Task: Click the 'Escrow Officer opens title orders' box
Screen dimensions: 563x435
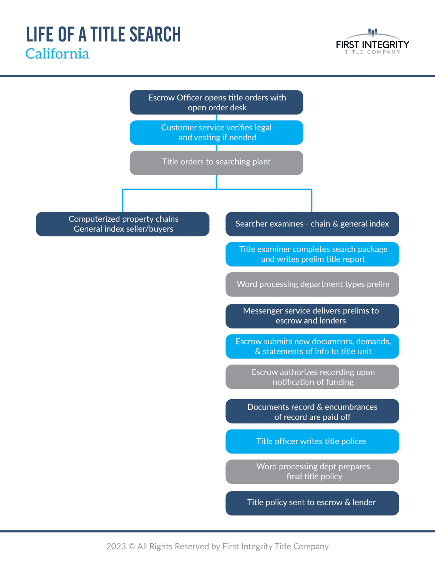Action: pos(216,102)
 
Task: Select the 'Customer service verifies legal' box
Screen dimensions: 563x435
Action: pos(216,132)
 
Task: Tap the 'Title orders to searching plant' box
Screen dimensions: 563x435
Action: pos(216,162)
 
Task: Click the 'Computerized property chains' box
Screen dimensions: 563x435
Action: pos(122,224)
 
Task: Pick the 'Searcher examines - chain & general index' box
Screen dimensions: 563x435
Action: pos(312,224)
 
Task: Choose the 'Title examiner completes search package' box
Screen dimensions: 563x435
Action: pos(312,254)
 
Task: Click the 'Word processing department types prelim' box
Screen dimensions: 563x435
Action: pos(312,284)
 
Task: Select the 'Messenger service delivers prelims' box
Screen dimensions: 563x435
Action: pos(312,316)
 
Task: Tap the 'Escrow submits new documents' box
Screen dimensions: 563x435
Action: pos(312,346)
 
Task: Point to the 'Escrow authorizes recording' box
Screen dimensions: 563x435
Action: pos(312,376)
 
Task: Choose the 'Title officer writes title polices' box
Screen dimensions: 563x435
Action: pos(312,441)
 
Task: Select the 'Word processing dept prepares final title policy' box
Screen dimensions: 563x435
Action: pos(312,471)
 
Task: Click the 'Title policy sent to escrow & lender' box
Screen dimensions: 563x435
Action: pos(312,503)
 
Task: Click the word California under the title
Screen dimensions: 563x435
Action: pos(57,54)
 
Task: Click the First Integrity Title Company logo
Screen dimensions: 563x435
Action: pos(372,42)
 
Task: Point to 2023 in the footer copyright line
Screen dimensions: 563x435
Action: pos(116,547)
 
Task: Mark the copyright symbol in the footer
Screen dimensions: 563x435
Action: pos(132,547)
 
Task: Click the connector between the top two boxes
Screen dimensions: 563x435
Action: pos(217,117)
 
